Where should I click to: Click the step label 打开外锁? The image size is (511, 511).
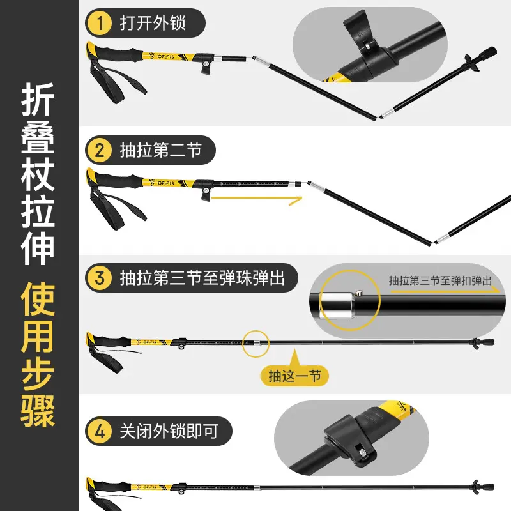pos(153,24)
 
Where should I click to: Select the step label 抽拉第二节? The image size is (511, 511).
pos(160,151)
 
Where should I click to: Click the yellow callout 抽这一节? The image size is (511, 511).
pos(294,376)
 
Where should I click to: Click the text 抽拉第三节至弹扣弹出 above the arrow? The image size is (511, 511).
pos(440,280)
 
